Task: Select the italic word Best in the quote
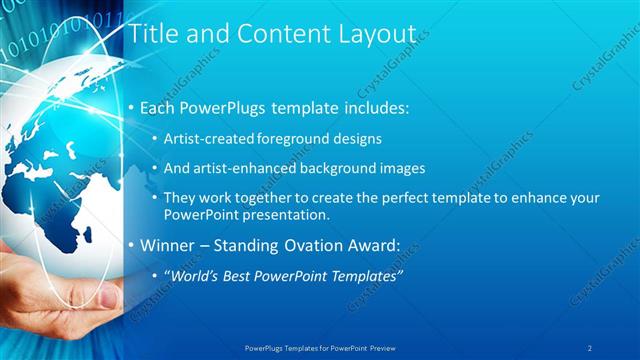click(x=237, y=275)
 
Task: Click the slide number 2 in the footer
click(x=590, y=348)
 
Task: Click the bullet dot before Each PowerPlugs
click(x=131, y=107)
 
